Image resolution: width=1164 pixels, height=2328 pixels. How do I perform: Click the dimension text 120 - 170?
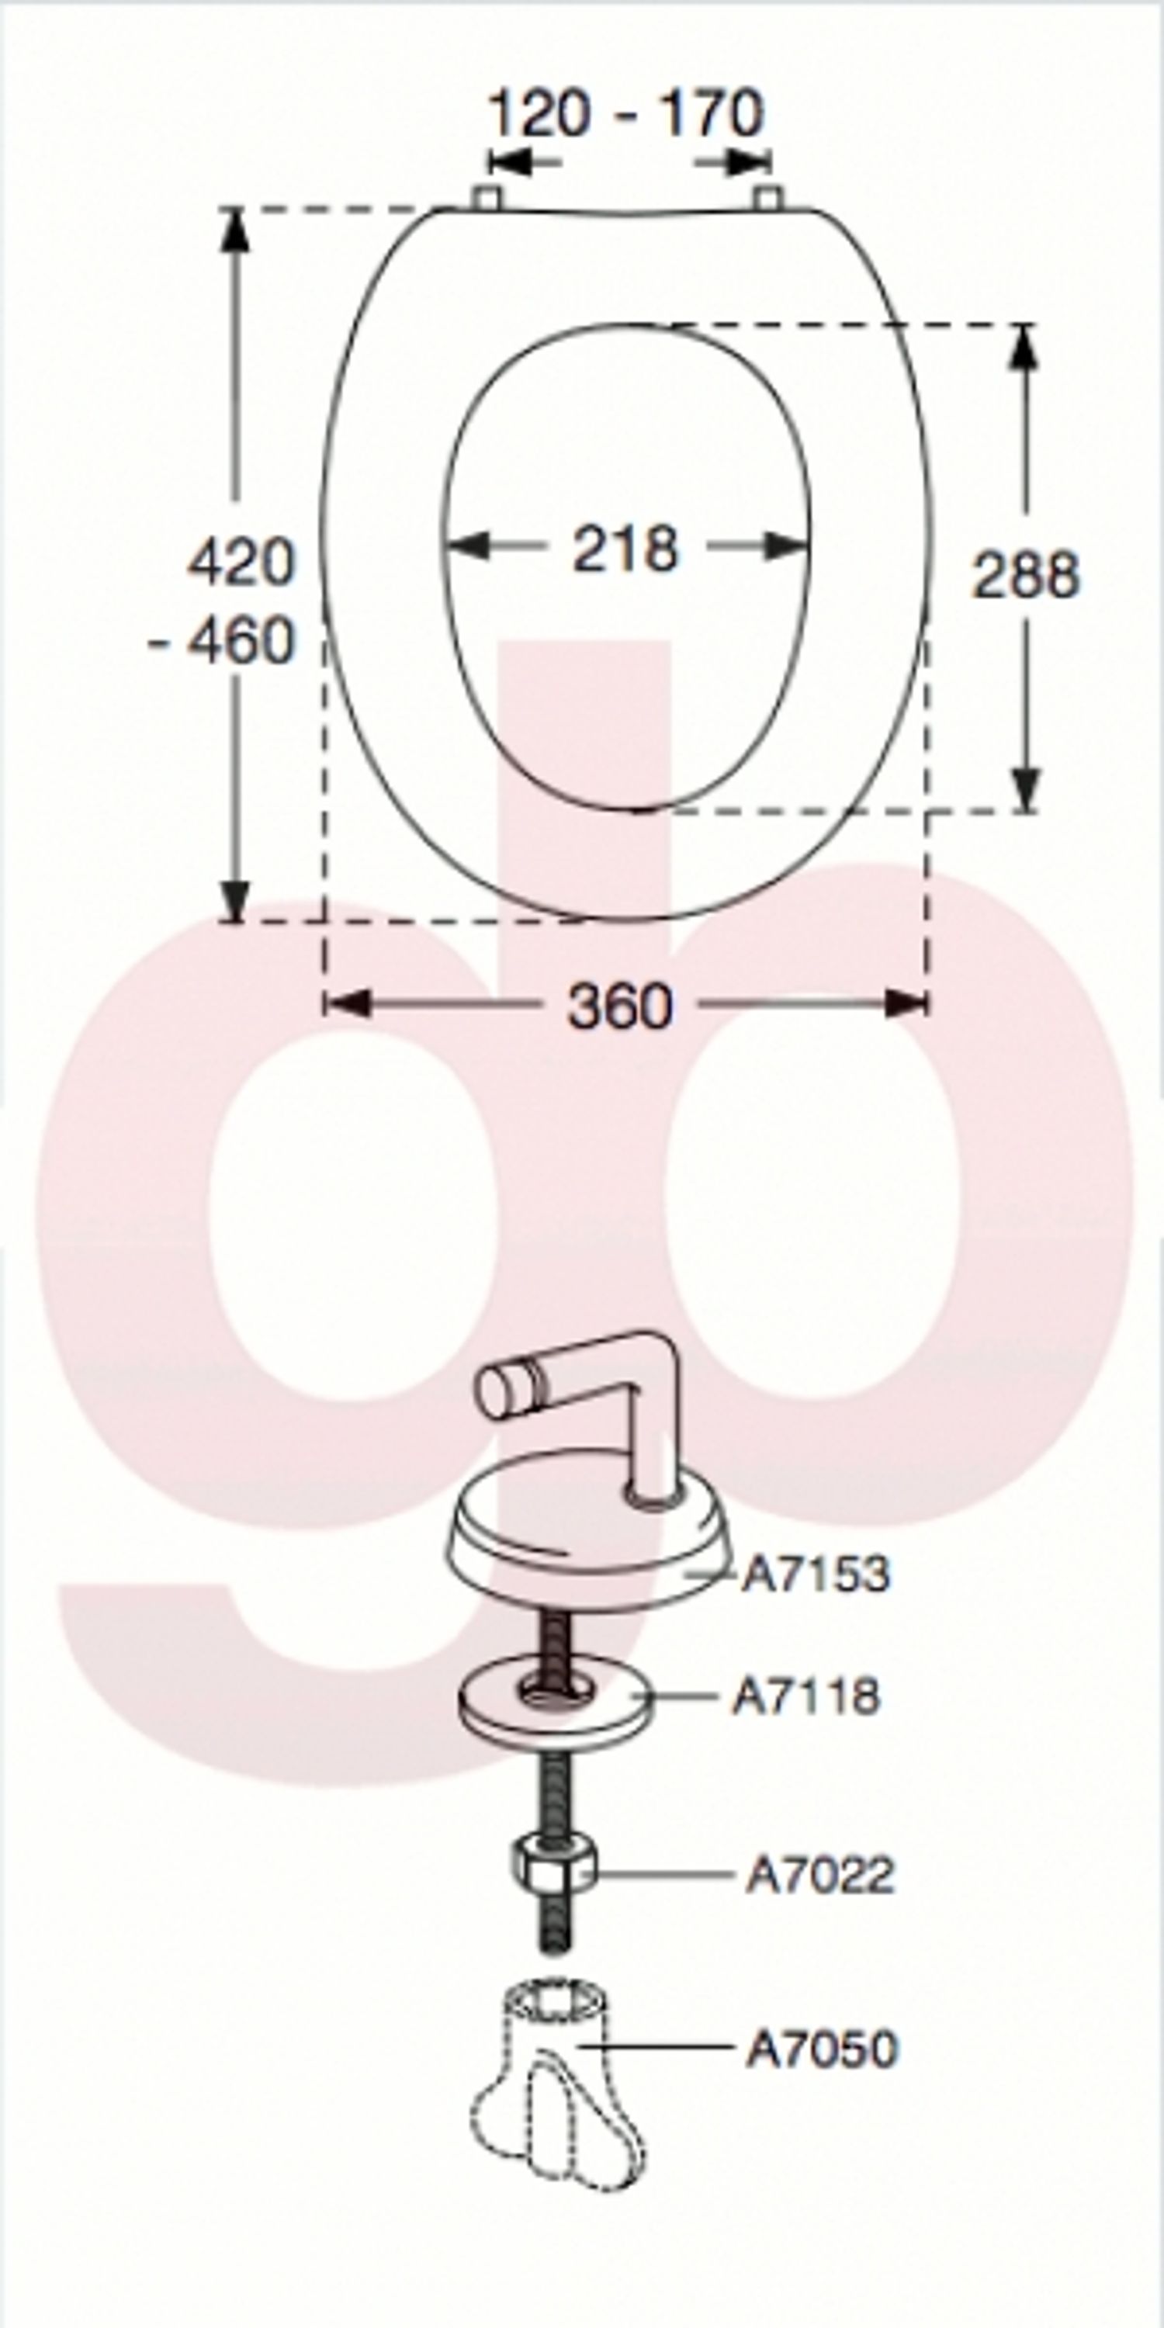click(x=625, y=115)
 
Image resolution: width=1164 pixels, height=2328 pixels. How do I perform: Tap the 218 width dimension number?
click(x=625, y=549)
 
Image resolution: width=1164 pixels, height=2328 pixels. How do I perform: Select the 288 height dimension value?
click(x=1025, y=575)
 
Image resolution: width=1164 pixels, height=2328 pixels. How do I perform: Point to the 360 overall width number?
click(x=620, y=1005)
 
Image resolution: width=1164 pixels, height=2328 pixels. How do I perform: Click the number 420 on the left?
click(x=241, y=562)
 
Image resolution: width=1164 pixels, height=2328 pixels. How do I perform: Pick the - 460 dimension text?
click(x=222, y=641)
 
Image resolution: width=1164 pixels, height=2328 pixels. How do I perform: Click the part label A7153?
click(x=815, y=1574)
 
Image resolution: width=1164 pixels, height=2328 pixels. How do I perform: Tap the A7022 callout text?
click(x=819, y=1874)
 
